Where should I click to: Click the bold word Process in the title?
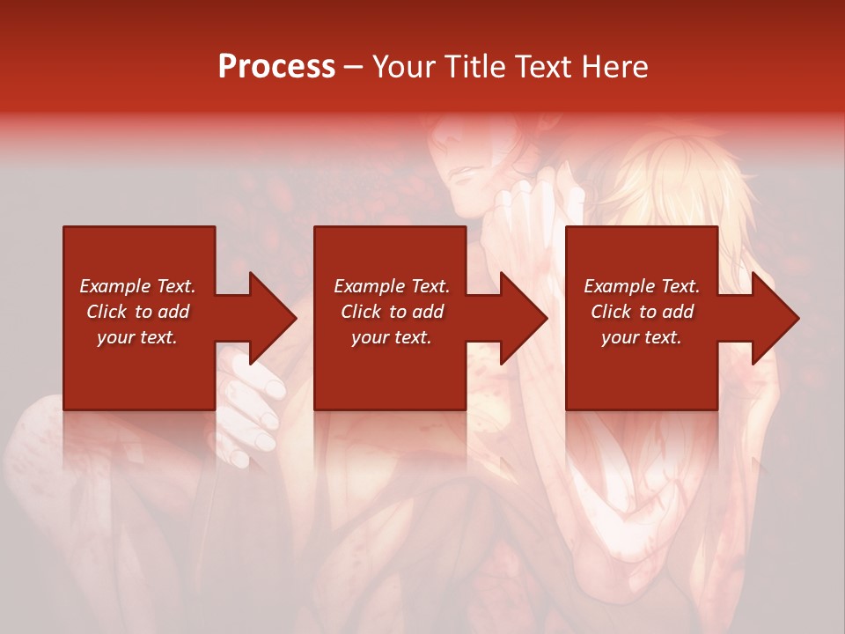pos(276,67)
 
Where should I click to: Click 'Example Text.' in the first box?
pos(137,286)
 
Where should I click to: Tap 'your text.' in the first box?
pos(137,337)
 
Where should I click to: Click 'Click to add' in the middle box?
pos(392,312)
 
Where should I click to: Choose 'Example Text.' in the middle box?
pos(392,286)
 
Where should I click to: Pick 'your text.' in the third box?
pos(642,337)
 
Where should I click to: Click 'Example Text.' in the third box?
pos(642,286)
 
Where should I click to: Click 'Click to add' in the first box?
pos(137,312)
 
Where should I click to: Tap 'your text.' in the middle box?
pos(392,337)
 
